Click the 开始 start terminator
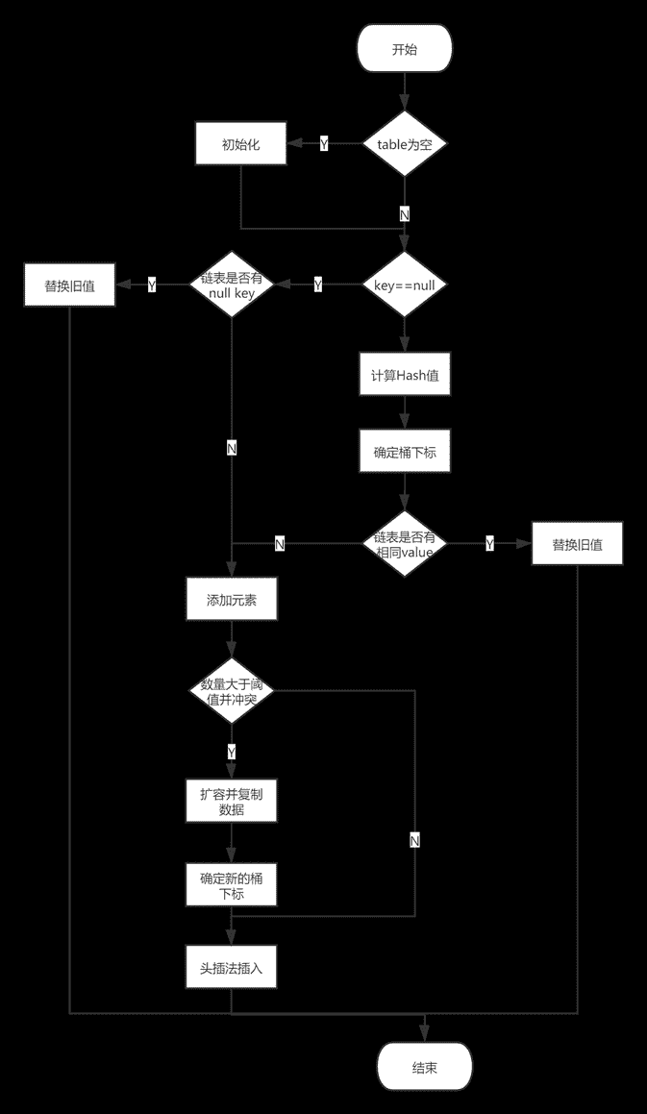pyautogui.click(x=405, y=49)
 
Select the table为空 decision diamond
pyautogui.click(x=405, y=144)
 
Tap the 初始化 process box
pyautogui.click(x=241, y=144)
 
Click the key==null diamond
pyautogui.click(x=405, y=285)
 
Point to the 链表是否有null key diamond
pyautogui.click(x=232, y=285)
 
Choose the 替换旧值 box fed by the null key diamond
pyautogui.click(x=69, y=285)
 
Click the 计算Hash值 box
pyautogui.click(x=406, y=375)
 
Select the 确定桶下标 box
pyautogui.click(x=406, y=452)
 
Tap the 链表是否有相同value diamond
pyautogui.click(x=406, y=544)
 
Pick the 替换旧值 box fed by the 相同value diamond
pyautogui.click(x=578, y=544)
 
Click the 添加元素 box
pyautogui.click(x=232, y=600)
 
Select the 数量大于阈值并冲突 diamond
pyautogui.click(x=232, y=691)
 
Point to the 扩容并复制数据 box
pyautogui.click(x=232, y=802)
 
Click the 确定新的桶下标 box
pyautogui.click(x=232, y=885)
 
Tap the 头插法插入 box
pyautogui.click(x=232, y=967)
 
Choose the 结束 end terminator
pyautogui.click(x=425, y=1067)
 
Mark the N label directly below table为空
pyautogui.click(x=405, y=214)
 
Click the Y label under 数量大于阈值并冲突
pyautogui.click(x=232, y=752)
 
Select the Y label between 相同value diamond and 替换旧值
pyautogui.click(x=490, y=545)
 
